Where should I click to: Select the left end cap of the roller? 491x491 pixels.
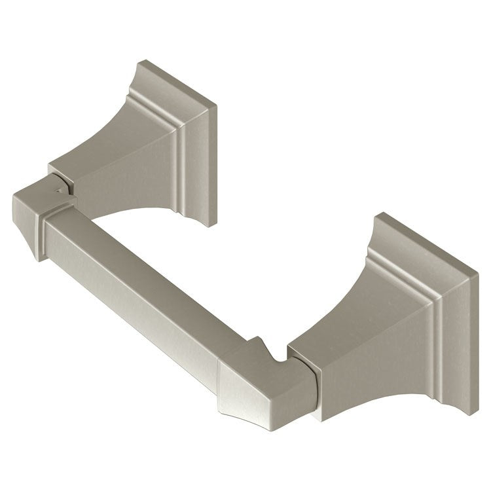[x=39, y=216]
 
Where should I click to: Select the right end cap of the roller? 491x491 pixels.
[x=262, y=386]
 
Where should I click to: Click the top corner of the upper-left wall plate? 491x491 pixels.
[x=143, y=62]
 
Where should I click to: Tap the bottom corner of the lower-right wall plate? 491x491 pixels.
[x=470, y=411]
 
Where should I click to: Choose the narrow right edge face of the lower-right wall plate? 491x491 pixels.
[x=473, y=347]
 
